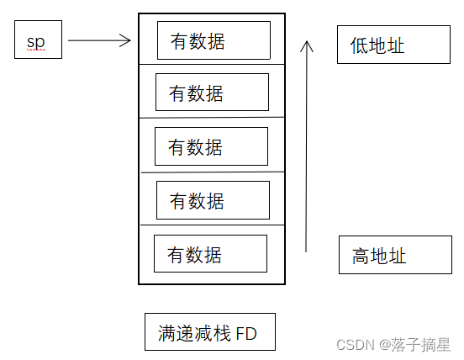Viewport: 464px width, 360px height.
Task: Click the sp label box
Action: coord(38,40)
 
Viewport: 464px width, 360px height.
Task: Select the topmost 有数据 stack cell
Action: coord(214,40)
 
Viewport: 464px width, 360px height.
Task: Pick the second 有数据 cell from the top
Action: coord(212,93)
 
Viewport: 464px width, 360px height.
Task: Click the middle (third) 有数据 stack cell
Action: coord(211,146)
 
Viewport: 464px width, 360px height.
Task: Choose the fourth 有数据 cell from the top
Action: coord(213,200)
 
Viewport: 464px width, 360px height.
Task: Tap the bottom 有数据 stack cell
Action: coord(210,253)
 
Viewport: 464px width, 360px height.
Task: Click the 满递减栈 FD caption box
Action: coord(209,332)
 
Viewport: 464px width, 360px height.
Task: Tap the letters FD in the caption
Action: coord(245,334)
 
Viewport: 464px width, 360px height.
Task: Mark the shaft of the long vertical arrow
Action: coord(307,151)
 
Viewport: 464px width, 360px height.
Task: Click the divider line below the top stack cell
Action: coord(212,64)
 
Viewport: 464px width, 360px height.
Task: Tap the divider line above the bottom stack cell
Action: coord(212,225)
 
